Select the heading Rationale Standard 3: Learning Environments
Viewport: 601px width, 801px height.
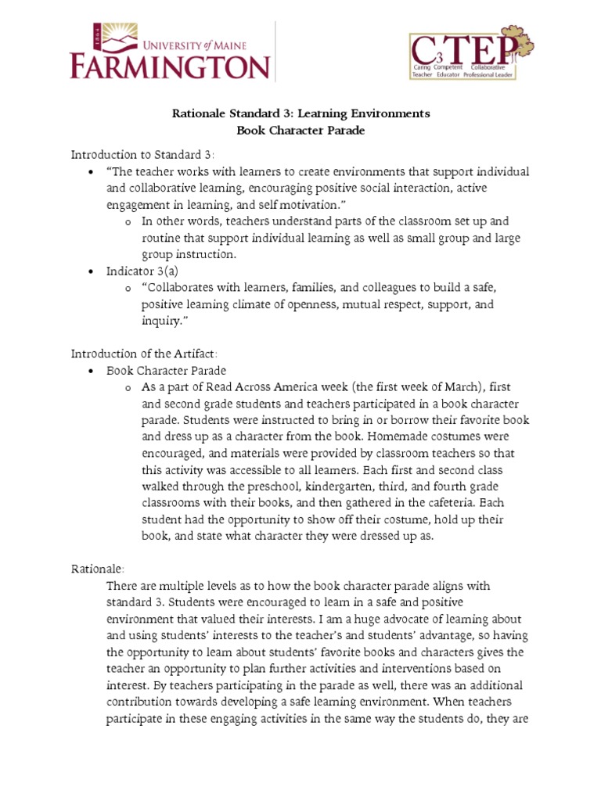click(300, 113)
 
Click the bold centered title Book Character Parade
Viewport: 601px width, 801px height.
click(300, 131)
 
